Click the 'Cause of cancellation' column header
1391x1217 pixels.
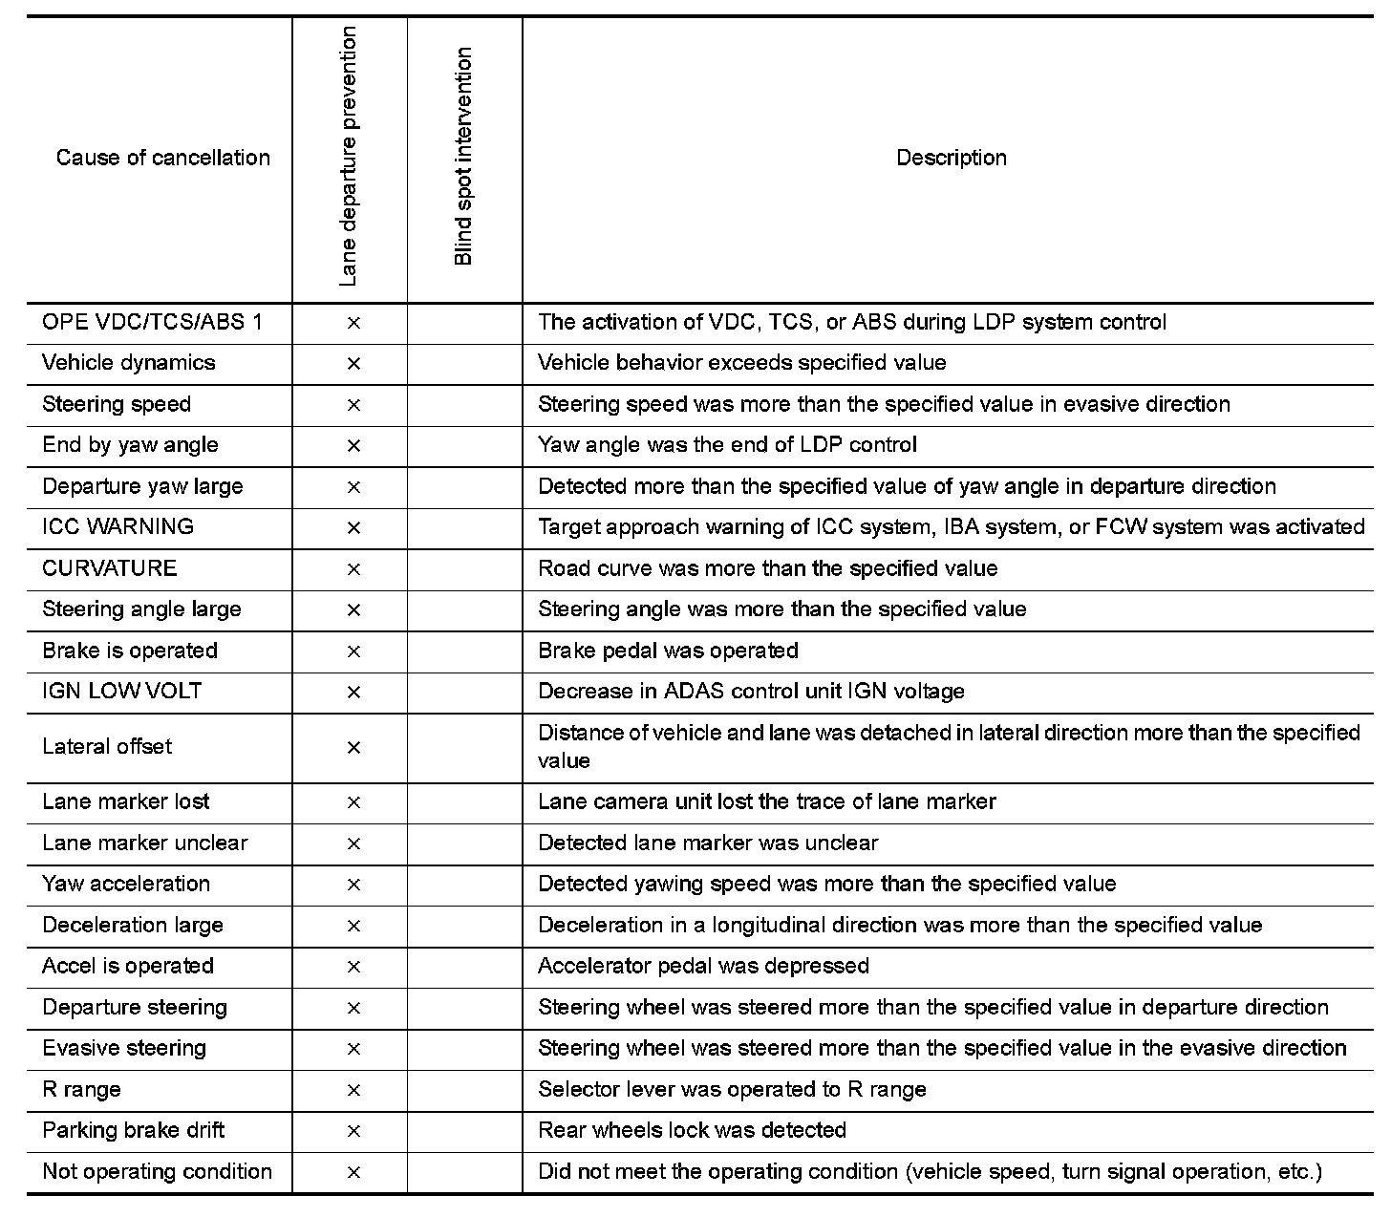tap(162, 158)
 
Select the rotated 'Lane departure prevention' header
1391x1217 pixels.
tap(349, 158)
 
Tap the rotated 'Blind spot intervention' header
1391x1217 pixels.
tap(463, 158)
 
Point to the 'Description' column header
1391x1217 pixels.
tap(951, 158)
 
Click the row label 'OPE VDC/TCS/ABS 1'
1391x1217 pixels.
tap(152, 322)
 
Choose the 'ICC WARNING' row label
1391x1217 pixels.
tap(118, 526)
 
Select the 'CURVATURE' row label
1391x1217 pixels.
tap(109, 568)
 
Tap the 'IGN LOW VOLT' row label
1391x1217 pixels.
tap(121, 691)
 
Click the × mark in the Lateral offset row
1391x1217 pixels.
tap(353, 747)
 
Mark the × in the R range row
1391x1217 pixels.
tap(353, 1090)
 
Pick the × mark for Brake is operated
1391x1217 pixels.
tap(353, 651)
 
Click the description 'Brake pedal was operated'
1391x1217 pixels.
tap(668, 651)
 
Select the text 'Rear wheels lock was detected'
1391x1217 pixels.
tap(692, 1130)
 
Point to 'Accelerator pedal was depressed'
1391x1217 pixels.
tap(703, 966)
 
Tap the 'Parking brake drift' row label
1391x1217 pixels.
tap(133, 1130)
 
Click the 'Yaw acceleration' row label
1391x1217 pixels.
tap(125, 884)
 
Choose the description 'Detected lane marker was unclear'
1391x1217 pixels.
tap(707, 843)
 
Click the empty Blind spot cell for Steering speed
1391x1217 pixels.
tap(464, 405)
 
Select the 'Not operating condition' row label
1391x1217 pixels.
tap(157, 1171)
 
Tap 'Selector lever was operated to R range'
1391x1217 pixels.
tap(732, 1089)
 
